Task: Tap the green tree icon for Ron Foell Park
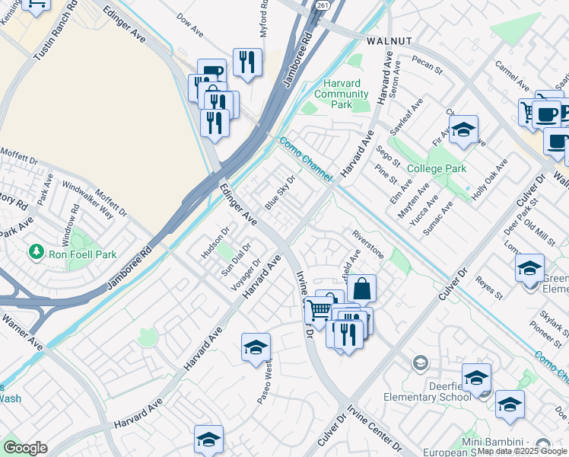click(x=35, y=251)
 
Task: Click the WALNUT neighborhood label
click(x=389, y=40)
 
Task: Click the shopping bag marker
click(x=362, y=288)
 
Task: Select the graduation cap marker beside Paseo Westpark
click(x=256, y=347)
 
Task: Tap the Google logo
click(x=25, y=448)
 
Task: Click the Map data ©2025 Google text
click(x=523, y=451)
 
